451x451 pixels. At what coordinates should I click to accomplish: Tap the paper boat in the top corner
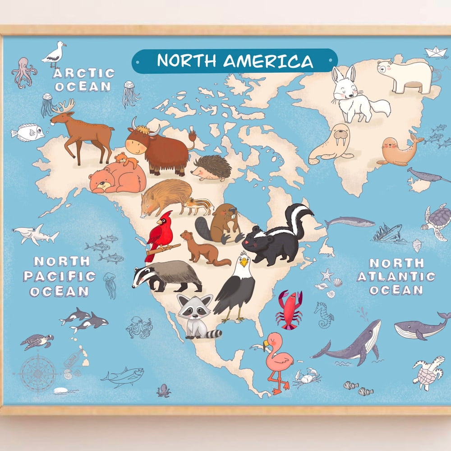pyautogui.click(x=436, y=52)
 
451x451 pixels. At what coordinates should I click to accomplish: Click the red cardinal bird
pyautogui.click(x=160, y=235)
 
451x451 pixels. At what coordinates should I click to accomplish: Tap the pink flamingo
pyautogui.click(x=276, y=359)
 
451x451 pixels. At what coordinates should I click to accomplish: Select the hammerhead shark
pyautogui.click(x=35, y=233)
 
